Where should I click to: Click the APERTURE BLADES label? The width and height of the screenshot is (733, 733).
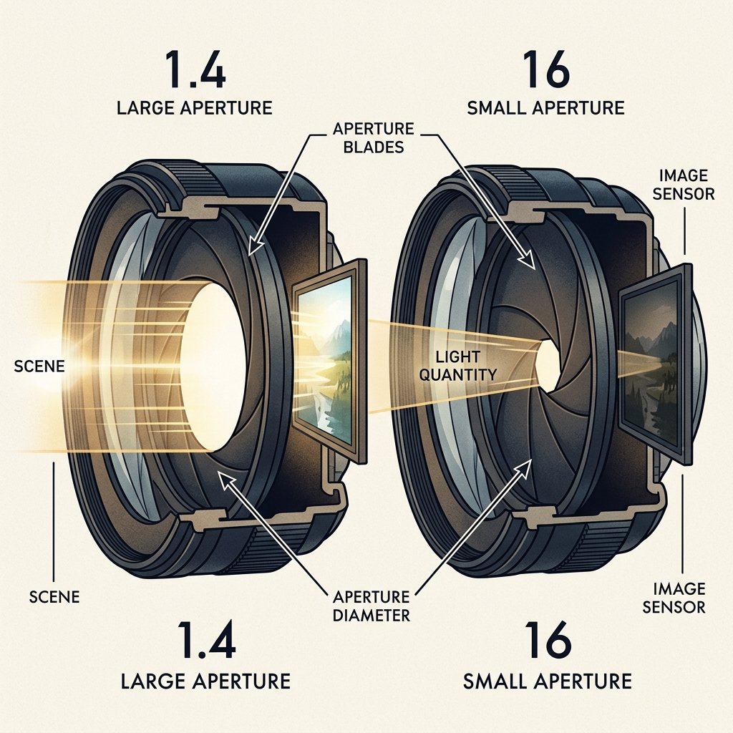tap(373, 138)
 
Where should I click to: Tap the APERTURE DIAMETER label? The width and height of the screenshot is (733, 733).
tap(372, 606)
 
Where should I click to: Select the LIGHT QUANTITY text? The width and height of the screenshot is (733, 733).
tap(457, 366)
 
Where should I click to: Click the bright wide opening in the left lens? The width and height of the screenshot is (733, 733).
tap(213, 367)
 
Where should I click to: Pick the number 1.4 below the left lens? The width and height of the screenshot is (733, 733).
tap(206, 641)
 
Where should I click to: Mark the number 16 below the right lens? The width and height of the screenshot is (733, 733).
tap(548, 640)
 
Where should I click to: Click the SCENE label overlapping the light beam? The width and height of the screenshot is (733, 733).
tap(39, 366)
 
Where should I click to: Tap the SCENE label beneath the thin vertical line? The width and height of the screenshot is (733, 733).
tap(54, 597)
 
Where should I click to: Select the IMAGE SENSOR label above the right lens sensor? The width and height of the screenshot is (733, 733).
tap(684, 185)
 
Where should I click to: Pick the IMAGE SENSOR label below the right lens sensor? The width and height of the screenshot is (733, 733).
tap(674, 598)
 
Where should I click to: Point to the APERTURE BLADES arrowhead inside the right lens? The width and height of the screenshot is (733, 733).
tap(528, 259)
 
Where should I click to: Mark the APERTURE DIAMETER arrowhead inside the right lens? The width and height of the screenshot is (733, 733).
tap(525, 468)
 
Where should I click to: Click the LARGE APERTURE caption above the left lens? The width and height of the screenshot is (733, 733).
tap(195, 108)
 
